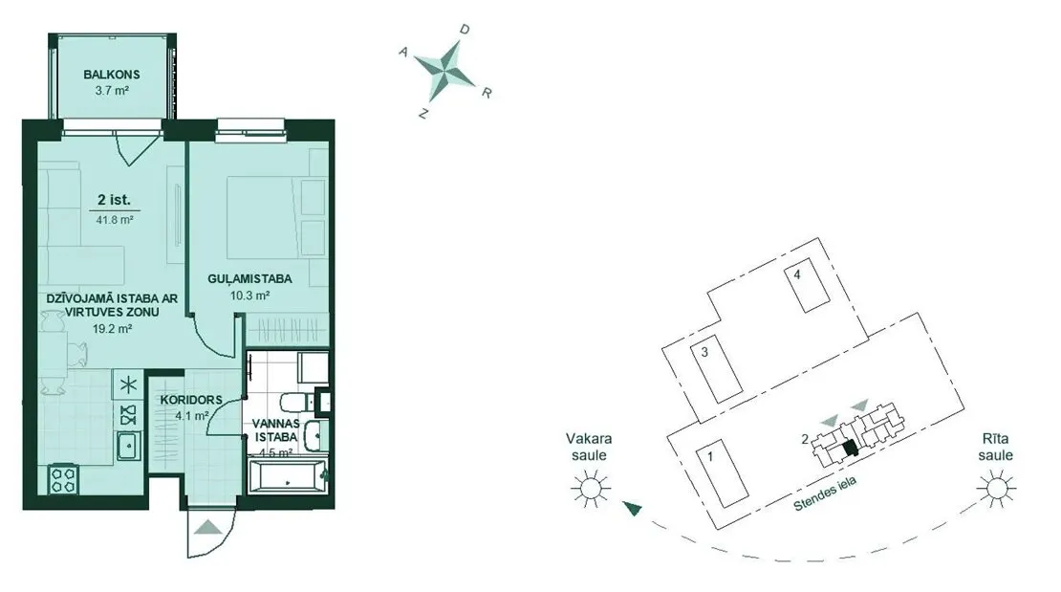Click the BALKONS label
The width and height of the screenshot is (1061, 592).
point(112,75)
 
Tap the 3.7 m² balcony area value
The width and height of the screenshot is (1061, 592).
point(113,90)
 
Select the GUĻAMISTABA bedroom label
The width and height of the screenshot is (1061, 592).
point(249,278)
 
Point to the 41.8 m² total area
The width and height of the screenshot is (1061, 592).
point(115,219)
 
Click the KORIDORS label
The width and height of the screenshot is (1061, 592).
point(191,400)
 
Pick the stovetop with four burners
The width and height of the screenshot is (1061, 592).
point(63,479)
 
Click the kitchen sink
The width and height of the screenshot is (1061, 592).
point(128,446)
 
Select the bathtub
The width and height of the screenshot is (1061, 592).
point(287,476)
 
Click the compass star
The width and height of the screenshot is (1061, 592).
point(445,70)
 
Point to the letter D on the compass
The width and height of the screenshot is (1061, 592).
point(465,30)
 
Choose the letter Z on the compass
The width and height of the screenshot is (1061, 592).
point(423,114)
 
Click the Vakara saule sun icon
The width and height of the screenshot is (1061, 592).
point(591,488)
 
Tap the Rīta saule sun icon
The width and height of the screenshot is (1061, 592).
point(995,488)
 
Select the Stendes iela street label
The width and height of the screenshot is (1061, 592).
point(826,493)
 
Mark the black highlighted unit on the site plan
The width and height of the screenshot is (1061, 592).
point(851,449)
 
